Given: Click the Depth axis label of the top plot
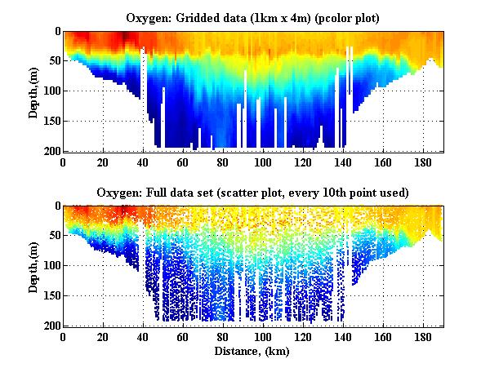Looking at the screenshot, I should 33,91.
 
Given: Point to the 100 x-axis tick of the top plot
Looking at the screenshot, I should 263,162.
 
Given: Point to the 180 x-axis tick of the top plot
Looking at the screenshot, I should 423,162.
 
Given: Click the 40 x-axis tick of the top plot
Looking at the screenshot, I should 143,162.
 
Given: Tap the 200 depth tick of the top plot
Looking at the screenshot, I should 51,151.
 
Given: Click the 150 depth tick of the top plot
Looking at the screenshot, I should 51,121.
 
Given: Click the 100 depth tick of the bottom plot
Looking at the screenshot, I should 51,266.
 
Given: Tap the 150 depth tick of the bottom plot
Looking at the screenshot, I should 51,295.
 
